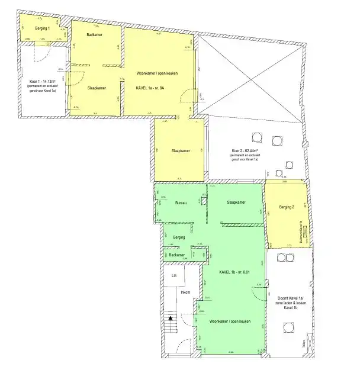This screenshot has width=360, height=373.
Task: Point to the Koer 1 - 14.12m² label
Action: click(x=42, y=81)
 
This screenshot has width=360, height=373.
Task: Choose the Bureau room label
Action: click(x=181, y=203)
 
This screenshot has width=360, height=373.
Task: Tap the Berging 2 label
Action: click(x=285, y=207)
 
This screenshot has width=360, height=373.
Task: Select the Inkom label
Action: click(x=186, y=291)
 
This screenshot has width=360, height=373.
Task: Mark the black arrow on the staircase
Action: click(x=171, y=318)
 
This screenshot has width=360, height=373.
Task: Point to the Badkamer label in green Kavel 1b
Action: click(x=177, y=255)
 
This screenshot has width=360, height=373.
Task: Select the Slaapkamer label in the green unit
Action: click(x=236, y=202)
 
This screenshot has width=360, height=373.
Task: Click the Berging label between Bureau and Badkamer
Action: click(x=179, y=237)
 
